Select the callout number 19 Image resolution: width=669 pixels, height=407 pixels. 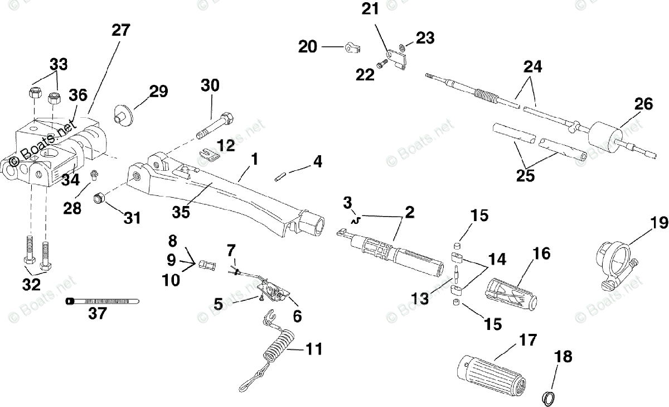pyautogui.click(x=658, y=223)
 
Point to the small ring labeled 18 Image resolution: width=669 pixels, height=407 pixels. pyautogui.click(x=549, y=398)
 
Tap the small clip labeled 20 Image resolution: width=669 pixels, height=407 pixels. pyautogui.click(x=351, y=49)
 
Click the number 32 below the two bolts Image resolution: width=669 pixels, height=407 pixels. pyautogui.click(x=31, y=284)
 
